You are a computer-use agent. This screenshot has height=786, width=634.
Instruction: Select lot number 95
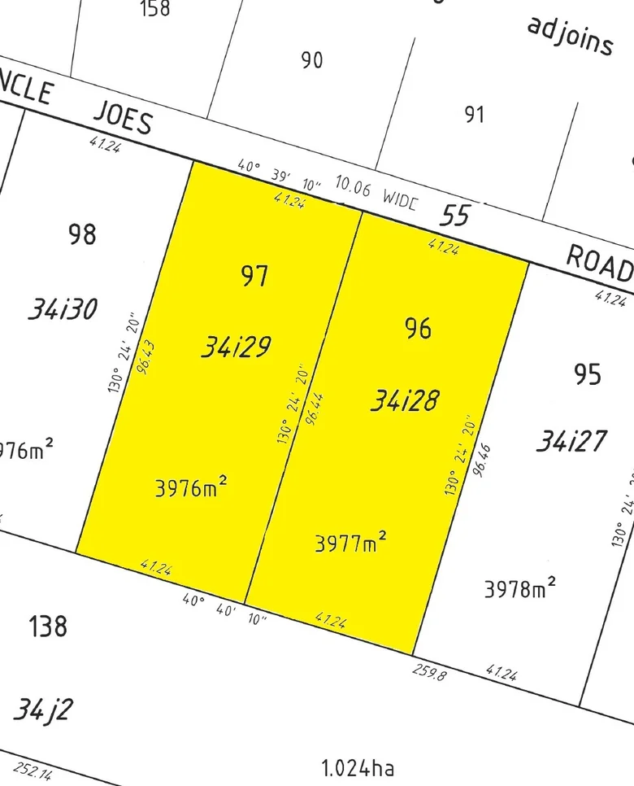(x=588, y=374)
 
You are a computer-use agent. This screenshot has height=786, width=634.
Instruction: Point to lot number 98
(x=82, y=234)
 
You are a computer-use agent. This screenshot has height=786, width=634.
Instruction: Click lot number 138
(x=48, y=627)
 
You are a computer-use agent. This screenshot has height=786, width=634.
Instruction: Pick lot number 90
(x=312, y=60)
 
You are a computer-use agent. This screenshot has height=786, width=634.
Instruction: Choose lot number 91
(x=474, y=114)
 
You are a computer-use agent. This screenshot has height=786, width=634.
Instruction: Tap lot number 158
(x=154, y=9)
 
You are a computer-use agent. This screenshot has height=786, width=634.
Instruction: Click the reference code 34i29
(x=236, y=348)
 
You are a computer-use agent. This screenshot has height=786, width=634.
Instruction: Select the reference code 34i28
(x=405, y=400)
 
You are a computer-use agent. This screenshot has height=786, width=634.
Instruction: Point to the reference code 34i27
(x=571, y=442)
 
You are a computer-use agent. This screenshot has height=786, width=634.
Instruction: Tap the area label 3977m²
(x=350, y=543)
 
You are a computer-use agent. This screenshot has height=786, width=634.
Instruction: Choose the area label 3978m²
(x=520, y=588)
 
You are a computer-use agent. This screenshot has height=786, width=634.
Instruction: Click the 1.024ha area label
(x=358, y=766)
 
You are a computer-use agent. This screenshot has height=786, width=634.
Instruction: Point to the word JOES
(x=123, y=119)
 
